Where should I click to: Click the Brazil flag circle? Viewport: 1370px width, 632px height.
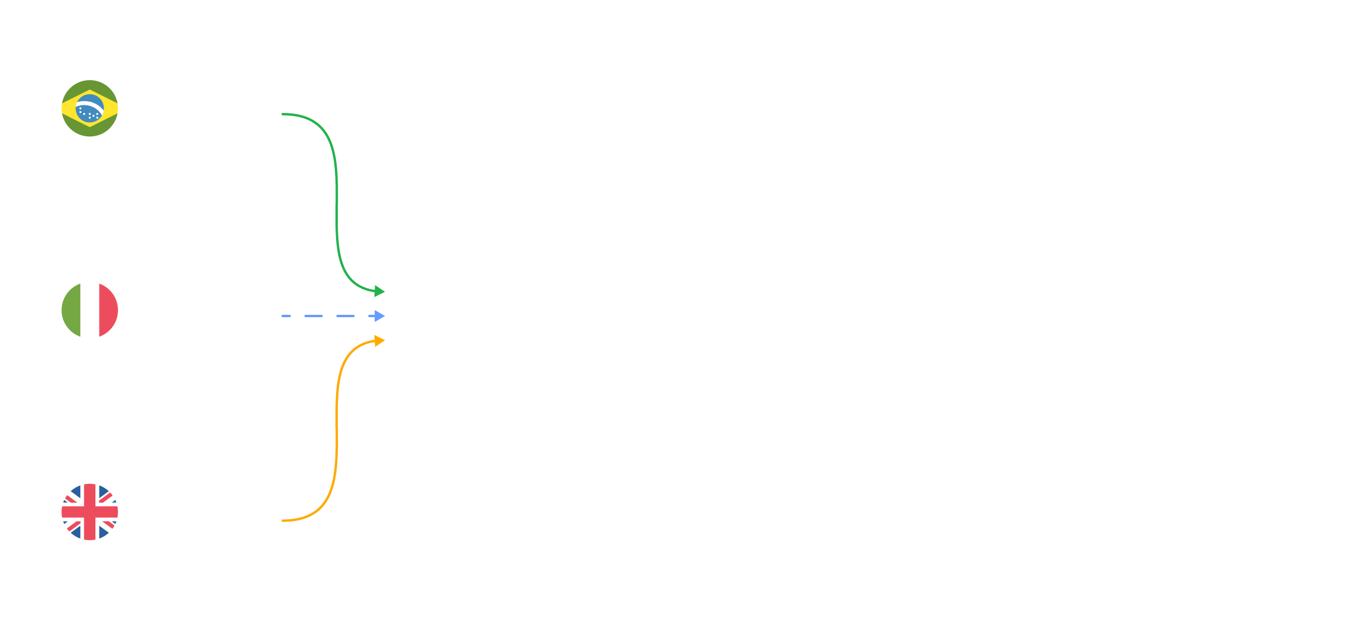[90, 108]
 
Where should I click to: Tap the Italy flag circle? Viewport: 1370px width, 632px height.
[90, 310]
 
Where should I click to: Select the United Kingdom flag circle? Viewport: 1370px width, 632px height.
[90, 512]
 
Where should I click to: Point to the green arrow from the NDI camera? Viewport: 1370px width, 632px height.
[337, 199]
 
